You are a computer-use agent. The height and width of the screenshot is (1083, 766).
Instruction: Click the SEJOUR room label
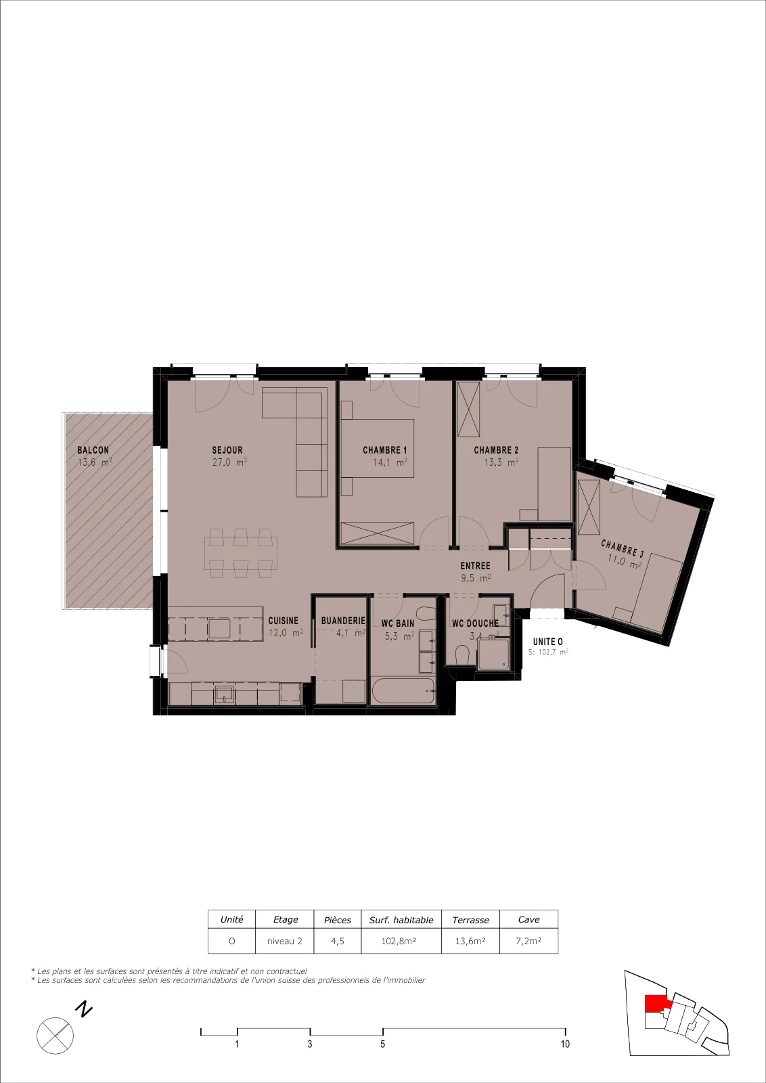click(227, 450)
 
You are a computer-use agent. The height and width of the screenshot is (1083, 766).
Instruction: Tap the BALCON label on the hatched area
click(93, 450)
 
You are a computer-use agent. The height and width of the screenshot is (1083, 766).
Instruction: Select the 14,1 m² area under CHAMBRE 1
click(390, 462)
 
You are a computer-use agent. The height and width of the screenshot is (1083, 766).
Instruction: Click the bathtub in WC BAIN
click(403, 691)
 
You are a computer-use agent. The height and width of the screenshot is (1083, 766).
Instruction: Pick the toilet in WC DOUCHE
click(463, 654)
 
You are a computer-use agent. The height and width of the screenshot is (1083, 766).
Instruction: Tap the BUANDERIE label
click(343, 621)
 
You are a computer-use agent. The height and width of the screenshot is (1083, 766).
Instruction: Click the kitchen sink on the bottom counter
click(225, 694)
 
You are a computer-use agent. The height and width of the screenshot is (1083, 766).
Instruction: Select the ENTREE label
click(475, 566)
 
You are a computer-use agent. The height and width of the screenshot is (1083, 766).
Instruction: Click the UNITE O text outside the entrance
click(547, 642)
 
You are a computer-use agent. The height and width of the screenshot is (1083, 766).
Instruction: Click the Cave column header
click(528, 920)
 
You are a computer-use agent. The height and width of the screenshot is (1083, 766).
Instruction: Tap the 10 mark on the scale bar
click(565, 1044)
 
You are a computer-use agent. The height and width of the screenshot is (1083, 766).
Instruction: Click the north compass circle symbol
click(55, 1036)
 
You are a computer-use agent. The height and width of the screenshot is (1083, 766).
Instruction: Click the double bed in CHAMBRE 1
click(378, 448)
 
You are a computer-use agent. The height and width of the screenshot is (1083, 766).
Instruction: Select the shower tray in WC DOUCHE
click(493, 655)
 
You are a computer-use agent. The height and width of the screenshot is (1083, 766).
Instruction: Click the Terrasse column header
click(470, 920)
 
